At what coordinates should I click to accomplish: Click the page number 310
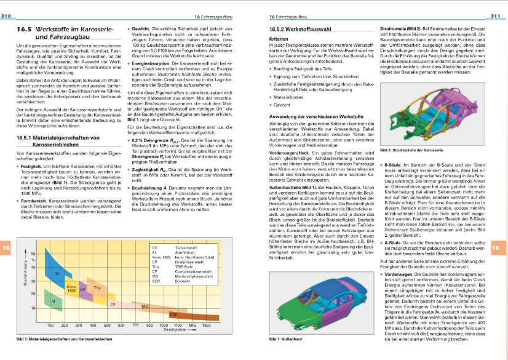pos(8,15)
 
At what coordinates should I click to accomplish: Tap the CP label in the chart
pos(113,304)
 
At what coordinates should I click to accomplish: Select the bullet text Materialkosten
pos(290,97)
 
